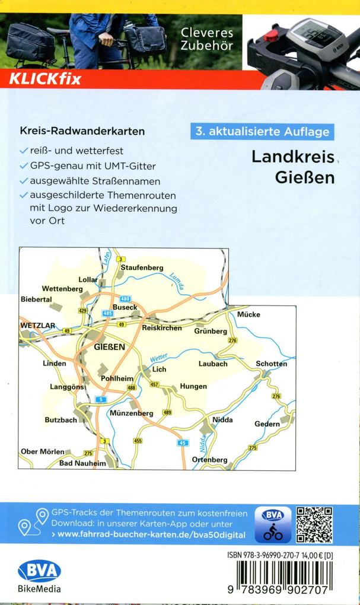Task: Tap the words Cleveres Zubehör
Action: [x=207, y=39]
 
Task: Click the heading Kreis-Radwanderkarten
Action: [x=82, y=131]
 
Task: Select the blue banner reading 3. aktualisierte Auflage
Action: [x=262, y=132]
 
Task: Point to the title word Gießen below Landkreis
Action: [x=305, y=176]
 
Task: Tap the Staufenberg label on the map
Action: [x=142, y=268]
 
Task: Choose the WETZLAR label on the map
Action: [x=37, y=326]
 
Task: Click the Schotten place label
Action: [x=271, y=364]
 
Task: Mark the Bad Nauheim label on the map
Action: [x=82, y=463]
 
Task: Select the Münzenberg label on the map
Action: [x=132, y=413]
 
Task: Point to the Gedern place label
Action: [x=267, y=424]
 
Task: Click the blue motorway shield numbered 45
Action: [x=183, y=442]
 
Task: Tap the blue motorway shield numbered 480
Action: [x=125, y=298]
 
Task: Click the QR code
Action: [x=314, y=524]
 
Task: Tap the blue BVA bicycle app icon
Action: [x=273, y=524]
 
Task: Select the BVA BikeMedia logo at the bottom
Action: [x=39, y=576]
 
